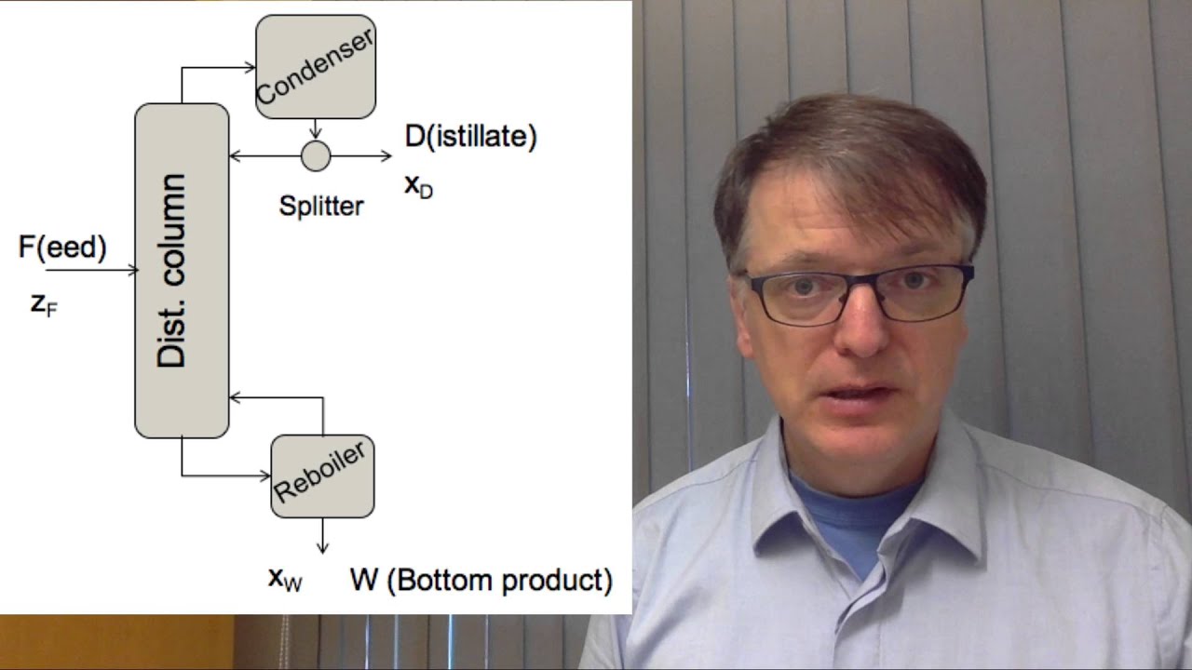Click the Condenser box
point(316,67)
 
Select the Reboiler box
point(322,476)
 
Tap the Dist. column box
point(182,270)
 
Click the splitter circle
point(316,156)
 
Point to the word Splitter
point(321,206)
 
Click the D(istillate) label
point(470,137)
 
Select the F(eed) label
point(62,248)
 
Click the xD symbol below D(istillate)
point(418,185)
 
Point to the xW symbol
point(285,580)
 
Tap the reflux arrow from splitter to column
point(265,156)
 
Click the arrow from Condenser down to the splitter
point(316,129)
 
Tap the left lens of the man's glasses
point(788,296)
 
